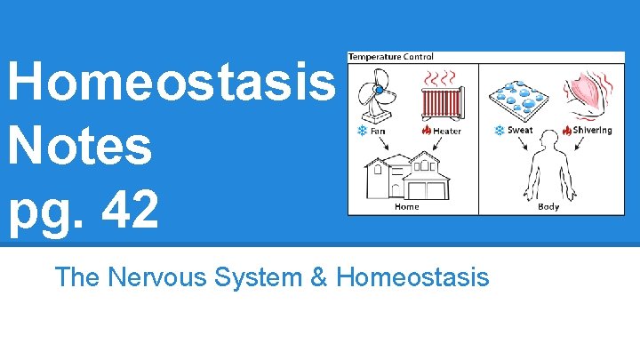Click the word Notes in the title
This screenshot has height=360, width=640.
80,149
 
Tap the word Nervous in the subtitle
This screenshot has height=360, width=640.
164,277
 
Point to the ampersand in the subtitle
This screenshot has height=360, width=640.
319,277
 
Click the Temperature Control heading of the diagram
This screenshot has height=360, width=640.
391,57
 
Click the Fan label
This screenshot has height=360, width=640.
378,131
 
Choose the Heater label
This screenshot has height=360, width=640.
447,131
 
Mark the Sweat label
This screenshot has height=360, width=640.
520,131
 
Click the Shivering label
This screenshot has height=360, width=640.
592,131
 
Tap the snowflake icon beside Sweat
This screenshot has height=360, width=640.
500,131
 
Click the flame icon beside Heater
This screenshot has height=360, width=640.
427,131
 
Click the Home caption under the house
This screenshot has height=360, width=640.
406,208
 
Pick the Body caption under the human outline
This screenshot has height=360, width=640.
548,208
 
